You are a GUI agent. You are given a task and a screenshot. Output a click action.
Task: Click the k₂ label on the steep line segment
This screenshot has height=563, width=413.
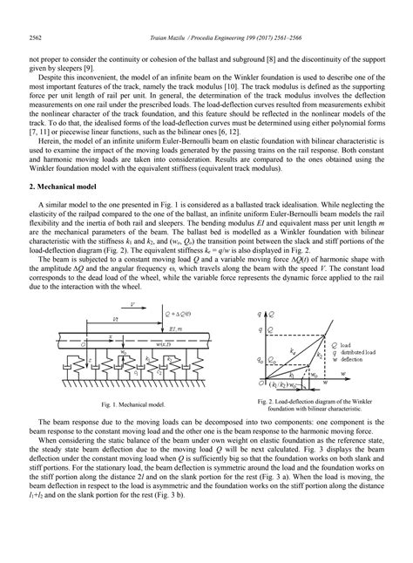click(x=320, y=354)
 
